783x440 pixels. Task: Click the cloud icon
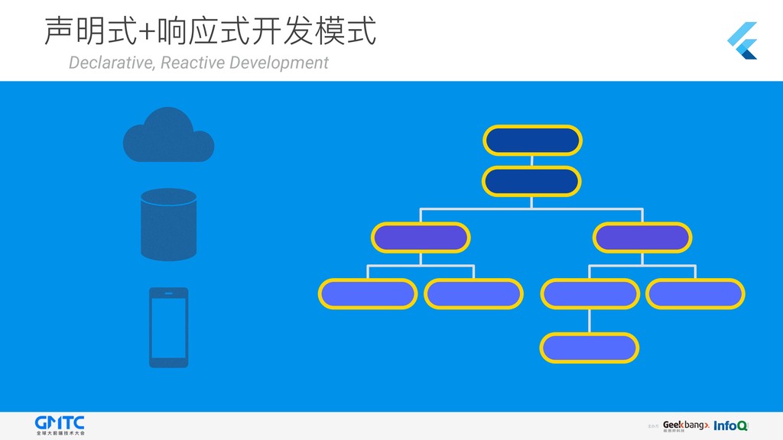click(168, 136)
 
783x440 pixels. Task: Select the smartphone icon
click(168, 327)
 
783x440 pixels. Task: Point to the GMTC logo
click(60, 425)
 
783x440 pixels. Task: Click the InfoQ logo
click(731, 425)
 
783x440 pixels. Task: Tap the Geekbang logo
click(685, 425)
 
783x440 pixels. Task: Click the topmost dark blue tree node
click(532, 140)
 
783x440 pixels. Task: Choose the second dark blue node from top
click(532, 182)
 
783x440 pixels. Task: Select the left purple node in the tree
click(420, 238)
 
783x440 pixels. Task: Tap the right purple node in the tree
click(643, 238)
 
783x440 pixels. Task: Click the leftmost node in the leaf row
click(368, 293)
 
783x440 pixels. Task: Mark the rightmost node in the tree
click(695, 293)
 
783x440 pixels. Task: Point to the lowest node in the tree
click(589, 348)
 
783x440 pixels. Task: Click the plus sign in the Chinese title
click(146, 32)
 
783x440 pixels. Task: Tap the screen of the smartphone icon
click(168, 327)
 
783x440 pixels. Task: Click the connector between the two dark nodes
click(532, 160)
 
